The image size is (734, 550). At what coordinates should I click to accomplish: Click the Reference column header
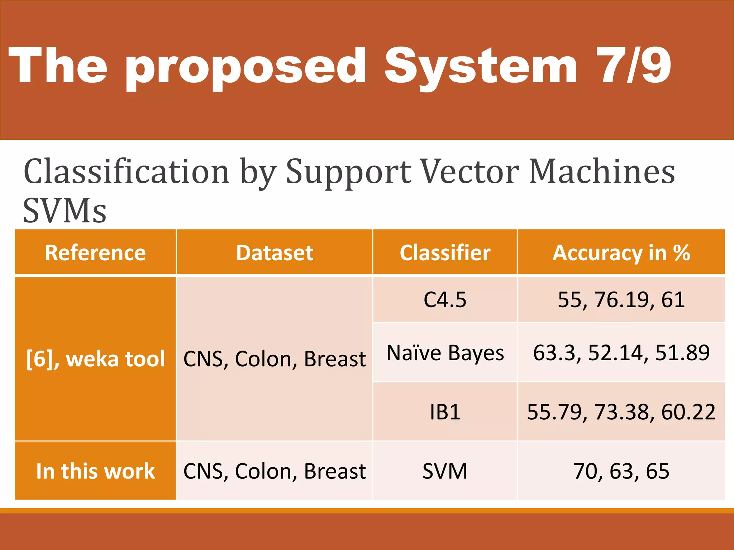point(95,253)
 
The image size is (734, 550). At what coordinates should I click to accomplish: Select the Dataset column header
point(275,253)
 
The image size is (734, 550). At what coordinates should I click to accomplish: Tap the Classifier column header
point(445,253)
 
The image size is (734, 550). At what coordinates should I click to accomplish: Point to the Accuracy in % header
point(621,253)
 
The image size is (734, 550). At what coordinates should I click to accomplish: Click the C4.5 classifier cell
point(445,300)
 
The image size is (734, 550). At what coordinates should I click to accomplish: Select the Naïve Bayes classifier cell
point(445,353)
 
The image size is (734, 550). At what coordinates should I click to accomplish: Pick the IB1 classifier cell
point(445,412)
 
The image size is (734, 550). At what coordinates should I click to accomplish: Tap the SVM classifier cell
point(445,471)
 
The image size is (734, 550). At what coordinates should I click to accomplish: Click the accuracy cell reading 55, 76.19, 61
point(621,300)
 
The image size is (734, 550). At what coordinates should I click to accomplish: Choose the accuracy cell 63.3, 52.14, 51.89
point(621,353)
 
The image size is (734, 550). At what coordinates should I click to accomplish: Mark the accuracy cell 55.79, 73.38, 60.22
point(621,412)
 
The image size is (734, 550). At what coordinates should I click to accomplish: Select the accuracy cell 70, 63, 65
point(621,471)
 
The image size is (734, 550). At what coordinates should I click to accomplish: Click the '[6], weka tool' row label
point(95,359)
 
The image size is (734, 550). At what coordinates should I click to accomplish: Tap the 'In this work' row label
point(95,471)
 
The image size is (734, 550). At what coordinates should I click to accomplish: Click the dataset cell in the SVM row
point(275,471)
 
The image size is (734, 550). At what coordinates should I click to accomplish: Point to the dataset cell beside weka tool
point(275,359)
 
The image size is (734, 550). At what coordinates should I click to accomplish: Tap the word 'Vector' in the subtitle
point(470,172)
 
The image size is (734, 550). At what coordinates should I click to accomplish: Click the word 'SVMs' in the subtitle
point(65,211)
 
